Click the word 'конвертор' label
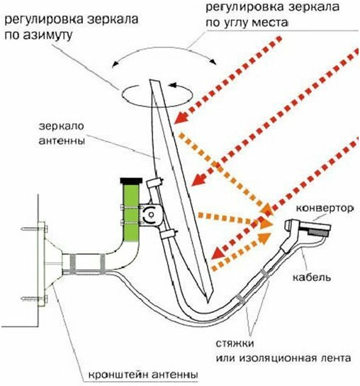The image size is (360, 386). pyautogui.click(x=325, y=209)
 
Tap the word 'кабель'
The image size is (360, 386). pyautogui.click(x=312, y=277)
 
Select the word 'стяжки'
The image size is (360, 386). pyautogui.click(x=235, y=343)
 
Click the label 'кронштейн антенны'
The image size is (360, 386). pyautogui.click(x=143, y=375)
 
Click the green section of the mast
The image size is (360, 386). pyautogui.click(x=131, y=213)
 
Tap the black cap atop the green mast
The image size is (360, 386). pyautogui.click(x=131, y=181)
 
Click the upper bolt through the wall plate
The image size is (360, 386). pyautogui.click(x=35, y=229)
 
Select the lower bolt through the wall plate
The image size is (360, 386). pyautogui.click(x=35, y=299)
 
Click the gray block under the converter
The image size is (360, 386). pyautogui.click(x=318, y=232)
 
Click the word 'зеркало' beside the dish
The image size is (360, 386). pyautogui.click(x=62, y=126)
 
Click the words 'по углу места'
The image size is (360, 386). pyautogui.click(x=247, y=23)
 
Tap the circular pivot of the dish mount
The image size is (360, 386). pyautogui.click(x=151, y=214)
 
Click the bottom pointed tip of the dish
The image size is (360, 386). pyautogui.click(x=208, y=302)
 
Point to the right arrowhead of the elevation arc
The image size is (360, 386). pyautogui.click(x=214, y=62)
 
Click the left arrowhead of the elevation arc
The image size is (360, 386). pyautogui.click(x=114, y=65)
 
